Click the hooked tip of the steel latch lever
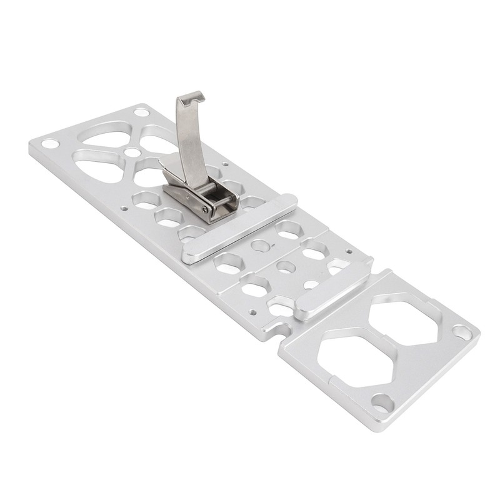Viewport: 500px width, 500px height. (191, 97)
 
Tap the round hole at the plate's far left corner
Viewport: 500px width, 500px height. (49, 144)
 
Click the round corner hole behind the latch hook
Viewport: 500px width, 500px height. (142, 112)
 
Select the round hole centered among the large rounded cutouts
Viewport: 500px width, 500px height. (132, 152)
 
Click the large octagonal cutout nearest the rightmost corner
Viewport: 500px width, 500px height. (406, 323)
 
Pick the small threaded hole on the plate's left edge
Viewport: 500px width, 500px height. (124, 209)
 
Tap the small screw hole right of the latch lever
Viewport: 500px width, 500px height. (225, 164)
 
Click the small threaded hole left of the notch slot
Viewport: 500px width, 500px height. (252, 312)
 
